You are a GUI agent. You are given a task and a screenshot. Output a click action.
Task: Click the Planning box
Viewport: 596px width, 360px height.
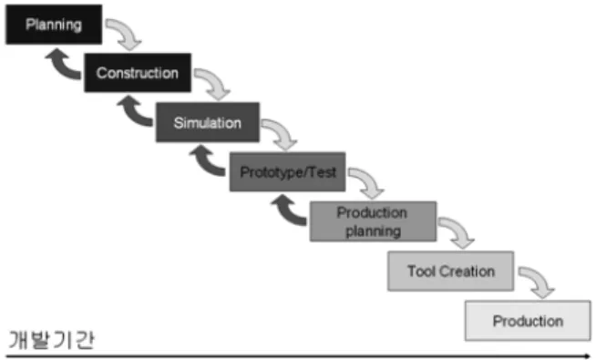pos(54,25)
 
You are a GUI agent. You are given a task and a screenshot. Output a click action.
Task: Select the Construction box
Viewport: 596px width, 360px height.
pos(138,73)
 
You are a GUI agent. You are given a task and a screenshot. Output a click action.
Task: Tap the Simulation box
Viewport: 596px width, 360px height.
pos(208,122)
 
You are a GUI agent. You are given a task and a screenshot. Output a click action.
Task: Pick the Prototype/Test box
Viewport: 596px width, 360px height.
pos(288,172)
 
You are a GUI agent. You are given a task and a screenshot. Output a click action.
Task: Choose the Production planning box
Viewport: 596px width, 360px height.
pos(373,221)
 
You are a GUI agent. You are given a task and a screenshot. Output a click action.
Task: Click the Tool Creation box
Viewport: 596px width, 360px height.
pos(451,271)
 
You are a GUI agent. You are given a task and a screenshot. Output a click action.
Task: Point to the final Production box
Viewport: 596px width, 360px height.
pos(528,321)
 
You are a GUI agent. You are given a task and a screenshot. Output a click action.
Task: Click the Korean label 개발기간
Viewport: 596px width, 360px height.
pos(51,339)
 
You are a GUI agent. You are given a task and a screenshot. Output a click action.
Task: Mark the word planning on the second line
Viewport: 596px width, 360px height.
pos(374,231)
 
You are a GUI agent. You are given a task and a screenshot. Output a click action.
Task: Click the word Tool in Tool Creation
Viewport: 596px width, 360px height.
pos(421,271)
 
